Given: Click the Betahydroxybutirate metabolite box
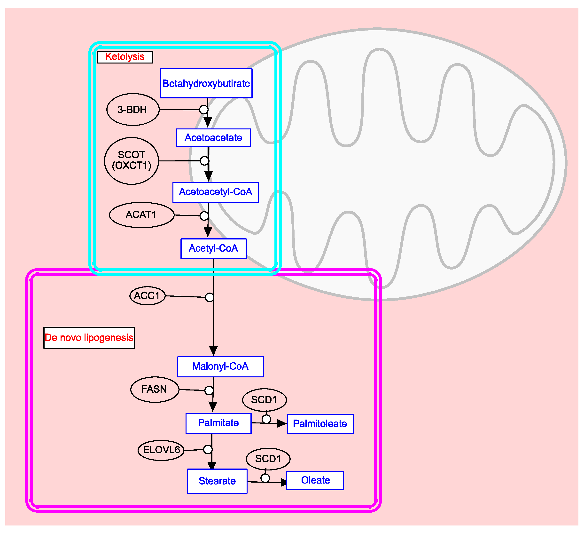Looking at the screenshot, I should pos(206,83).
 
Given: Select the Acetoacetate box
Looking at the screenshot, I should pos(213,138).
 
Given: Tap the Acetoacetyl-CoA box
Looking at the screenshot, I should pos(216,192).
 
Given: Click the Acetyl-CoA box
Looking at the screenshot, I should pos(213,249).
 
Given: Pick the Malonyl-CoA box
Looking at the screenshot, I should pos(220,367).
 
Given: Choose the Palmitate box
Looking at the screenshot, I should pos(218,423).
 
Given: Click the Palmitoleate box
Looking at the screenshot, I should pos(320,424).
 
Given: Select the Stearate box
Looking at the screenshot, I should pos(217,481).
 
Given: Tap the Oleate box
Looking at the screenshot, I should pos(315,481).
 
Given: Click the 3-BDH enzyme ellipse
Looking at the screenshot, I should pos(133,110).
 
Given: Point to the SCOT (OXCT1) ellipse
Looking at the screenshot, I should pos(132,160).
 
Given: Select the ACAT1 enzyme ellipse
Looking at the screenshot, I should pos(142,215).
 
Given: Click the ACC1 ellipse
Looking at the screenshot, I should pos(148,296).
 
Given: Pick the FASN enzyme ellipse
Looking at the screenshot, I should pos(155,389).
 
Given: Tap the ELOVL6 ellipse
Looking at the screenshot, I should pos(161,450).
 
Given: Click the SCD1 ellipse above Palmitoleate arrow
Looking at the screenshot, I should pos(264,400).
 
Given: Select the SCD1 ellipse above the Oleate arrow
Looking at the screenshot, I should pos(268,459).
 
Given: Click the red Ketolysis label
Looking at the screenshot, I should pos(125,57).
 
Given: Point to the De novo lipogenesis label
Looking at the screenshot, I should pos(89,338).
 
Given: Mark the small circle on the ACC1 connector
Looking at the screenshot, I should pos(210,297).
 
